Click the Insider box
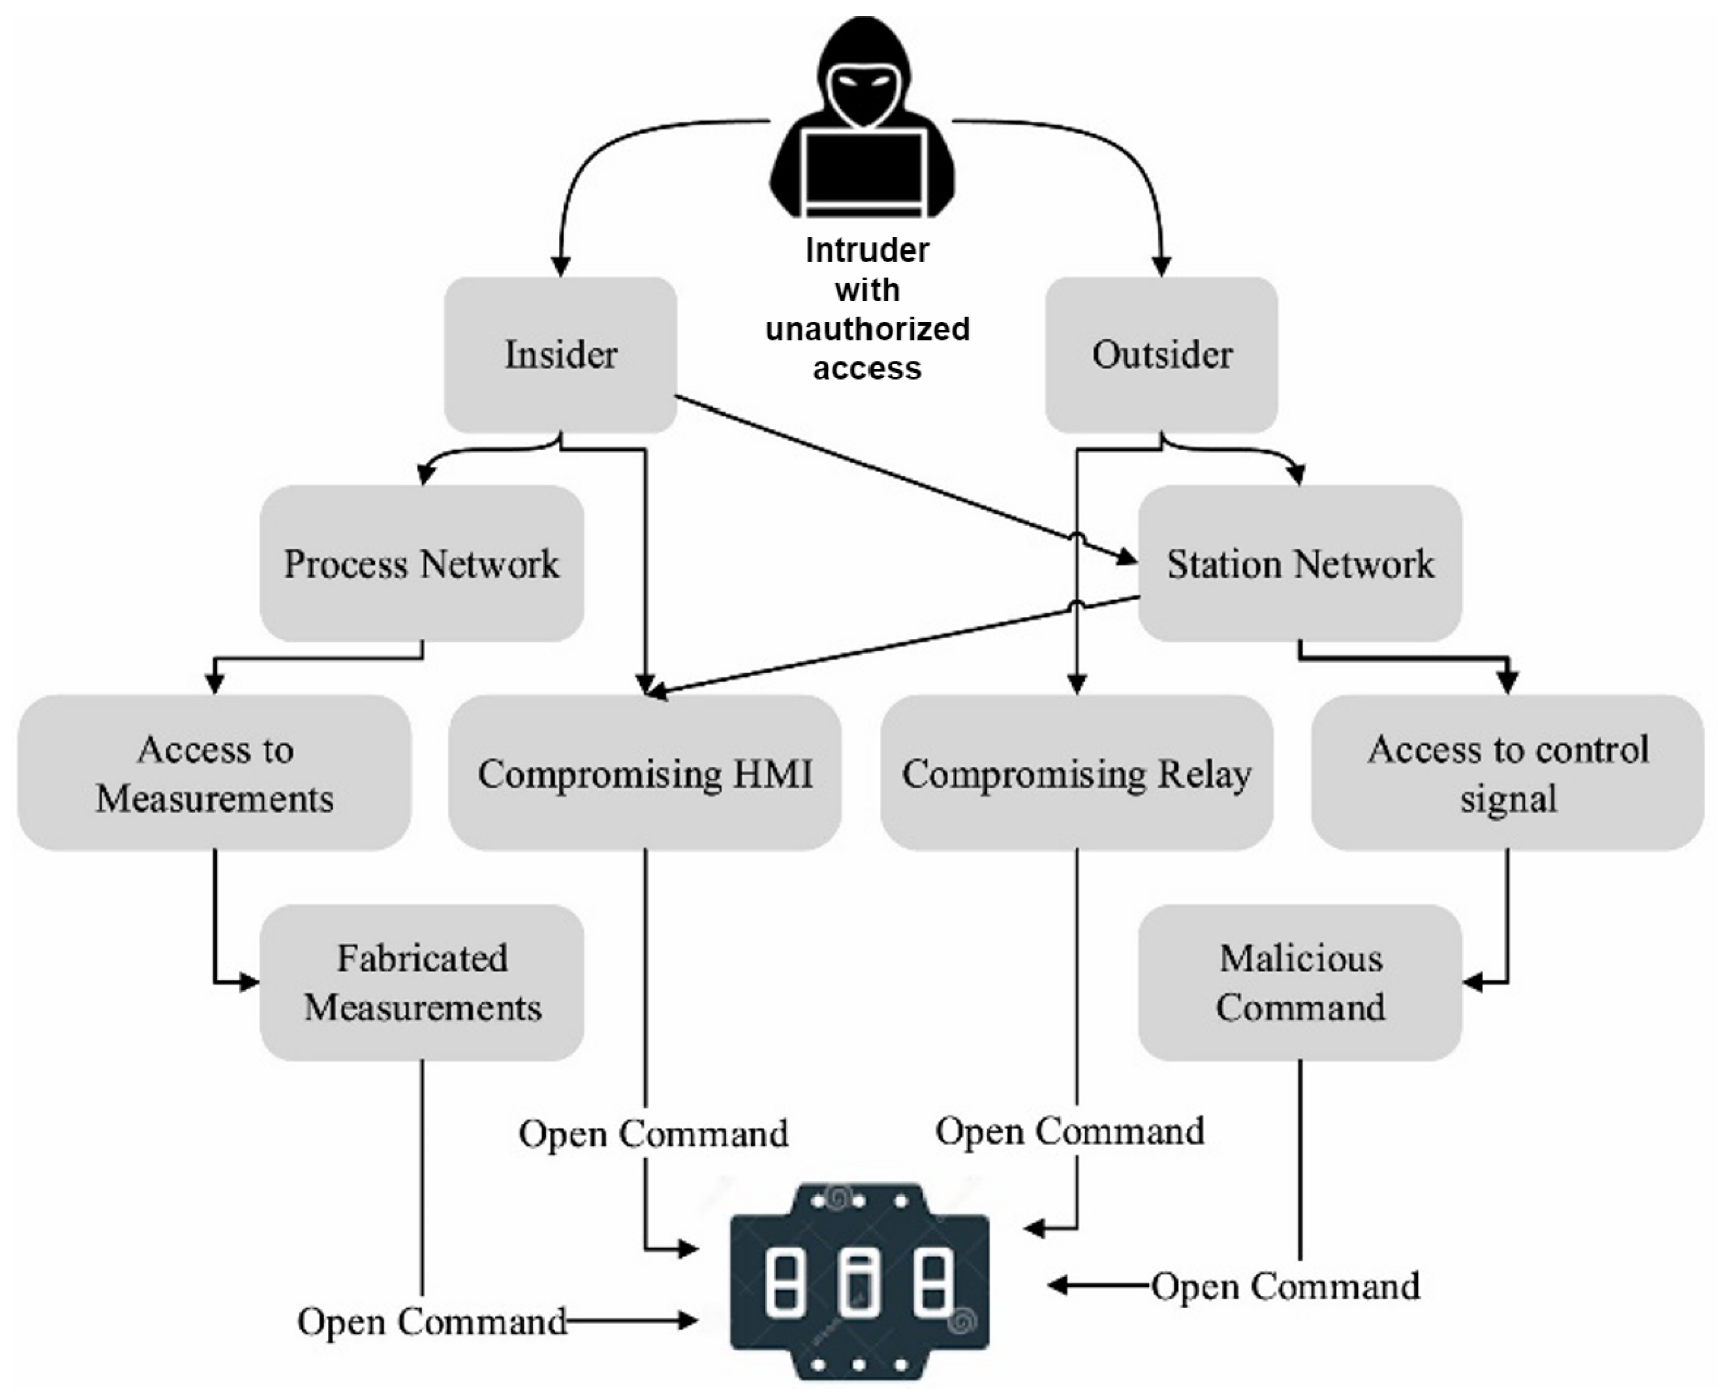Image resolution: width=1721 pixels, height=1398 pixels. (x=560, y=354)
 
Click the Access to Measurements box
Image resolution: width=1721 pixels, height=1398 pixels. (x=214, y=773)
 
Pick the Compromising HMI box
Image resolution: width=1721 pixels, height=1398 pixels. (x=645, y=773)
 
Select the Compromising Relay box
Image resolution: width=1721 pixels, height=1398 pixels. (x=1076, y=773)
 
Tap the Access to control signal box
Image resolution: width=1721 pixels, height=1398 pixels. (x=1508, y=773)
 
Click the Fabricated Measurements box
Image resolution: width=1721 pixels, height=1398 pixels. (x=421, y=983)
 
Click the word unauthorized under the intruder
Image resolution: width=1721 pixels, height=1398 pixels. (x=867, y=328)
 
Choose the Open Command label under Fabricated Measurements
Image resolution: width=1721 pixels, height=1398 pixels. (x=432, y=1322)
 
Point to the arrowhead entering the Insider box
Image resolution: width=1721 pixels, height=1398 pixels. (x=560, y=266)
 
